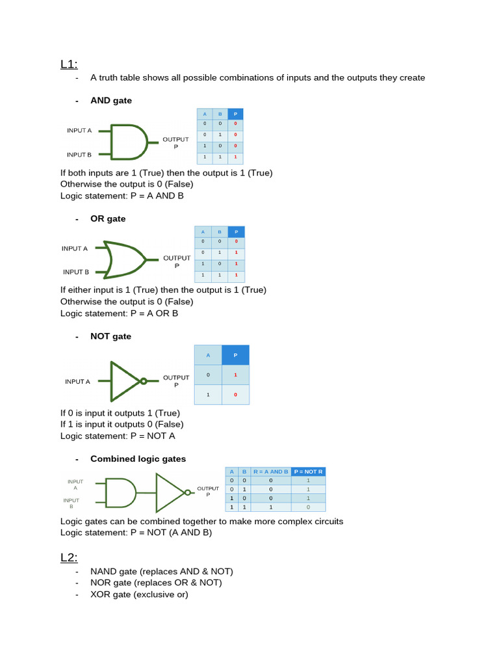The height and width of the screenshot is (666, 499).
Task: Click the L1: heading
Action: click(x=69, y=64)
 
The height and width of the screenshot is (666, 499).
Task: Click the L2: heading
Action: click(x=69, y=557)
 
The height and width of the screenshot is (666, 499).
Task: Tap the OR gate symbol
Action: click(x=126, y=260)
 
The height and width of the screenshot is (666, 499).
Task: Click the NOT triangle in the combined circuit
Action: click(x=171, y=492)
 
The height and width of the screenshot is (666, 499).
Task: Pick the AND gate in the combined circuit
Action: click(x=120, y=493)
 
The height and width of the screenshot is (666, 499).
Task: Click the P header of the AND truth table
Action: click(x=235, y=114)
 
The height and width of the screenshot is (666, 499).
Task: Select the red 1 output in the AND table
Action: click(x=235, y=157)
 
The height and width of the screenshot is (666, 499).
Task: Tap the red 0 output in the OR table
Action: click(x=236, y=241)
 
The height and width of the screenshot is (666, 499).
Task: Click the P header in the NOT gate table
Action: click(x=235, y=355)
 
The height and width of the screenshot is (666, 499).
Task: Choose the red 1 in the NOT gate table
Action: click(x=235, y=375)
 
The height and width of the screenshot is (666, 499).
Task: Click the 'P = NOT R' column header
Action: click(x=308, y=472)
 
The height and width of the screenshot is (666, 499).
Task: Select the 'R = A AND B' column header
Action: click(x=270, y=472)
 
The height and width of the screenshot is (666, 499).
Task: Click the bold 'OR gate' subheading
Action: click(x=108, y=219)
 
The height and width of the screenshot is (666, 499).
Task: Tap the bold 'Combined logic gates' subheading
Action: click(x=138, y=459)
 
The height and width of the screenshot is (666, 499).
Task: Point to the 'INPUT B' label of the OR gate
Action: click(x=76, y=272)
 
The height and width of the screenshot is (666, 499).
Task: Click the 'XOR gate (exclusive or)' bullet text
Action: click(x=139, y=594)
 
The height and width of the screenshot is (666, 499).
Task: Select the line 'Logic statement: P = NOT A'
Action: click(x=118, y=436)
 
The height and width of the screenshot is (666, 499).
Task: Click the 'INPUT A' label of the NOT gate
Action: click(x=77, y=382)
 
